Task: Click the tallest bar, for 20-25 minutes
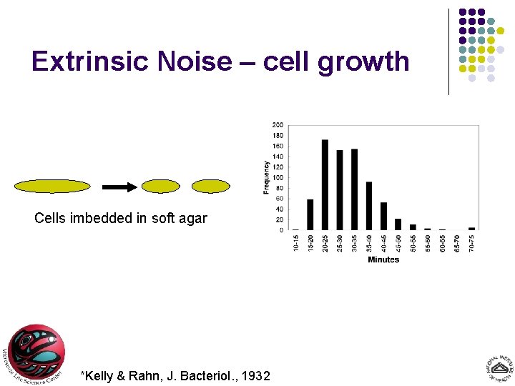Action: point(325,185)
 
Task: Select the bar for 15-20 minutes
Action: point(310,214)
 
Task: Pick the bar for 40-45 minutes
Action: point(383,216)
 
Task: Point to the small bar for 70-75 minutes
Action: point(471,228)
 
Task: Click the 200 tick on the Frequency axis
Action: point(277,125)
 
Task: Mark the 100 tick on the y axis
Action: point(277,177)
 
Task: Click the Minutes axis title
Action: point(383,259)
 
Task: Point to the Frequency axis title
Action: point(267,177)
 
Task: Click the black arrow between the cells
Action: point(119,187)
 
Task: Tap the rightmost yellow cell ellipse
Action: point(212,187)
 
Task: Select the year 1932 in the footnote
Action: point(255,375)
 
